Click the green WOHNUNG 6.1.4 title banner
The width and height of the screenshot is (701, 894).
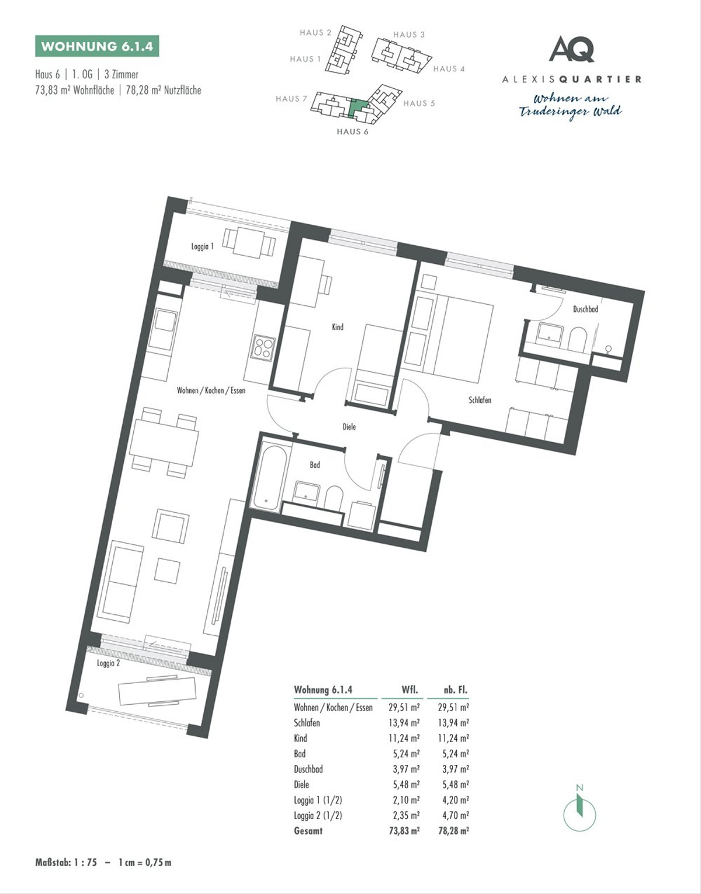pyautogui.click(x=97, y=46)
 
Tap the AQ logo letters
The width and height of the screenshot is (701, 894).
pyautogui.click(x=572, y=48)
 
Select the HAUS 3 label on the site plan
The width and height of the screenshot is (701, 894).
pyautogui.click(x=409, y=35)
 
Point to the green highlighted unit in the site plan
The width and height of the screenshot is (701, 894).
pyautogui.click(x=358, y=108)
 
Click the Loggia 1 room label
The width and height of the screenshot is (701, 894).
pyautogui.click(x=202, y=246)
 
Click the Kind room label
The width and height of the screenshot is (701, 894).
pyautogui.click(x=338, y=327)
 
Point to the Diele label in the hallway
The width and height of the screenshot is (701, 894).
pyautogui.click(x=349, y=427)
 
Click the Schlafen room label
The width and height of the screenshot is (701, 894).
pyautogui.click(x=480, y=400)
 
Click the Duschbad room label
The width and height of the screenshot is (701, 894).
pyautogui.click(x=586, y=309)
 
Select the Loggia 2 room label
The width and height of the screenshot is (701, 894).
pyautogui.click(x=109, y=663)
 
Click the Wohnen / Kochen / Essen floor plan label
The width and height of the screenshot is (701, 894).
pyautogui.click(x=211, y=390)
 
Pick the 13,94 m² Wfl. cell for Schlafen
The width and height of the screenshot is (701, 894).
pyautogui.click(x=404, y=723)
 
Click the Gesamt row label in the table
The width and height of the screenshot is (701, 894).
pyautogui.click(x=308, y=830)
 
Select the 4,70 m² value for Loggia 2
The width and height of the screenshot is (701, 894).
pyautogui.click(x=456, y=815)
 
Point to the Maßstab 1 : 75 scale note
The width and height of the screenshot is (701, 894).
pyautogui.click(x=103, y=862)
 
